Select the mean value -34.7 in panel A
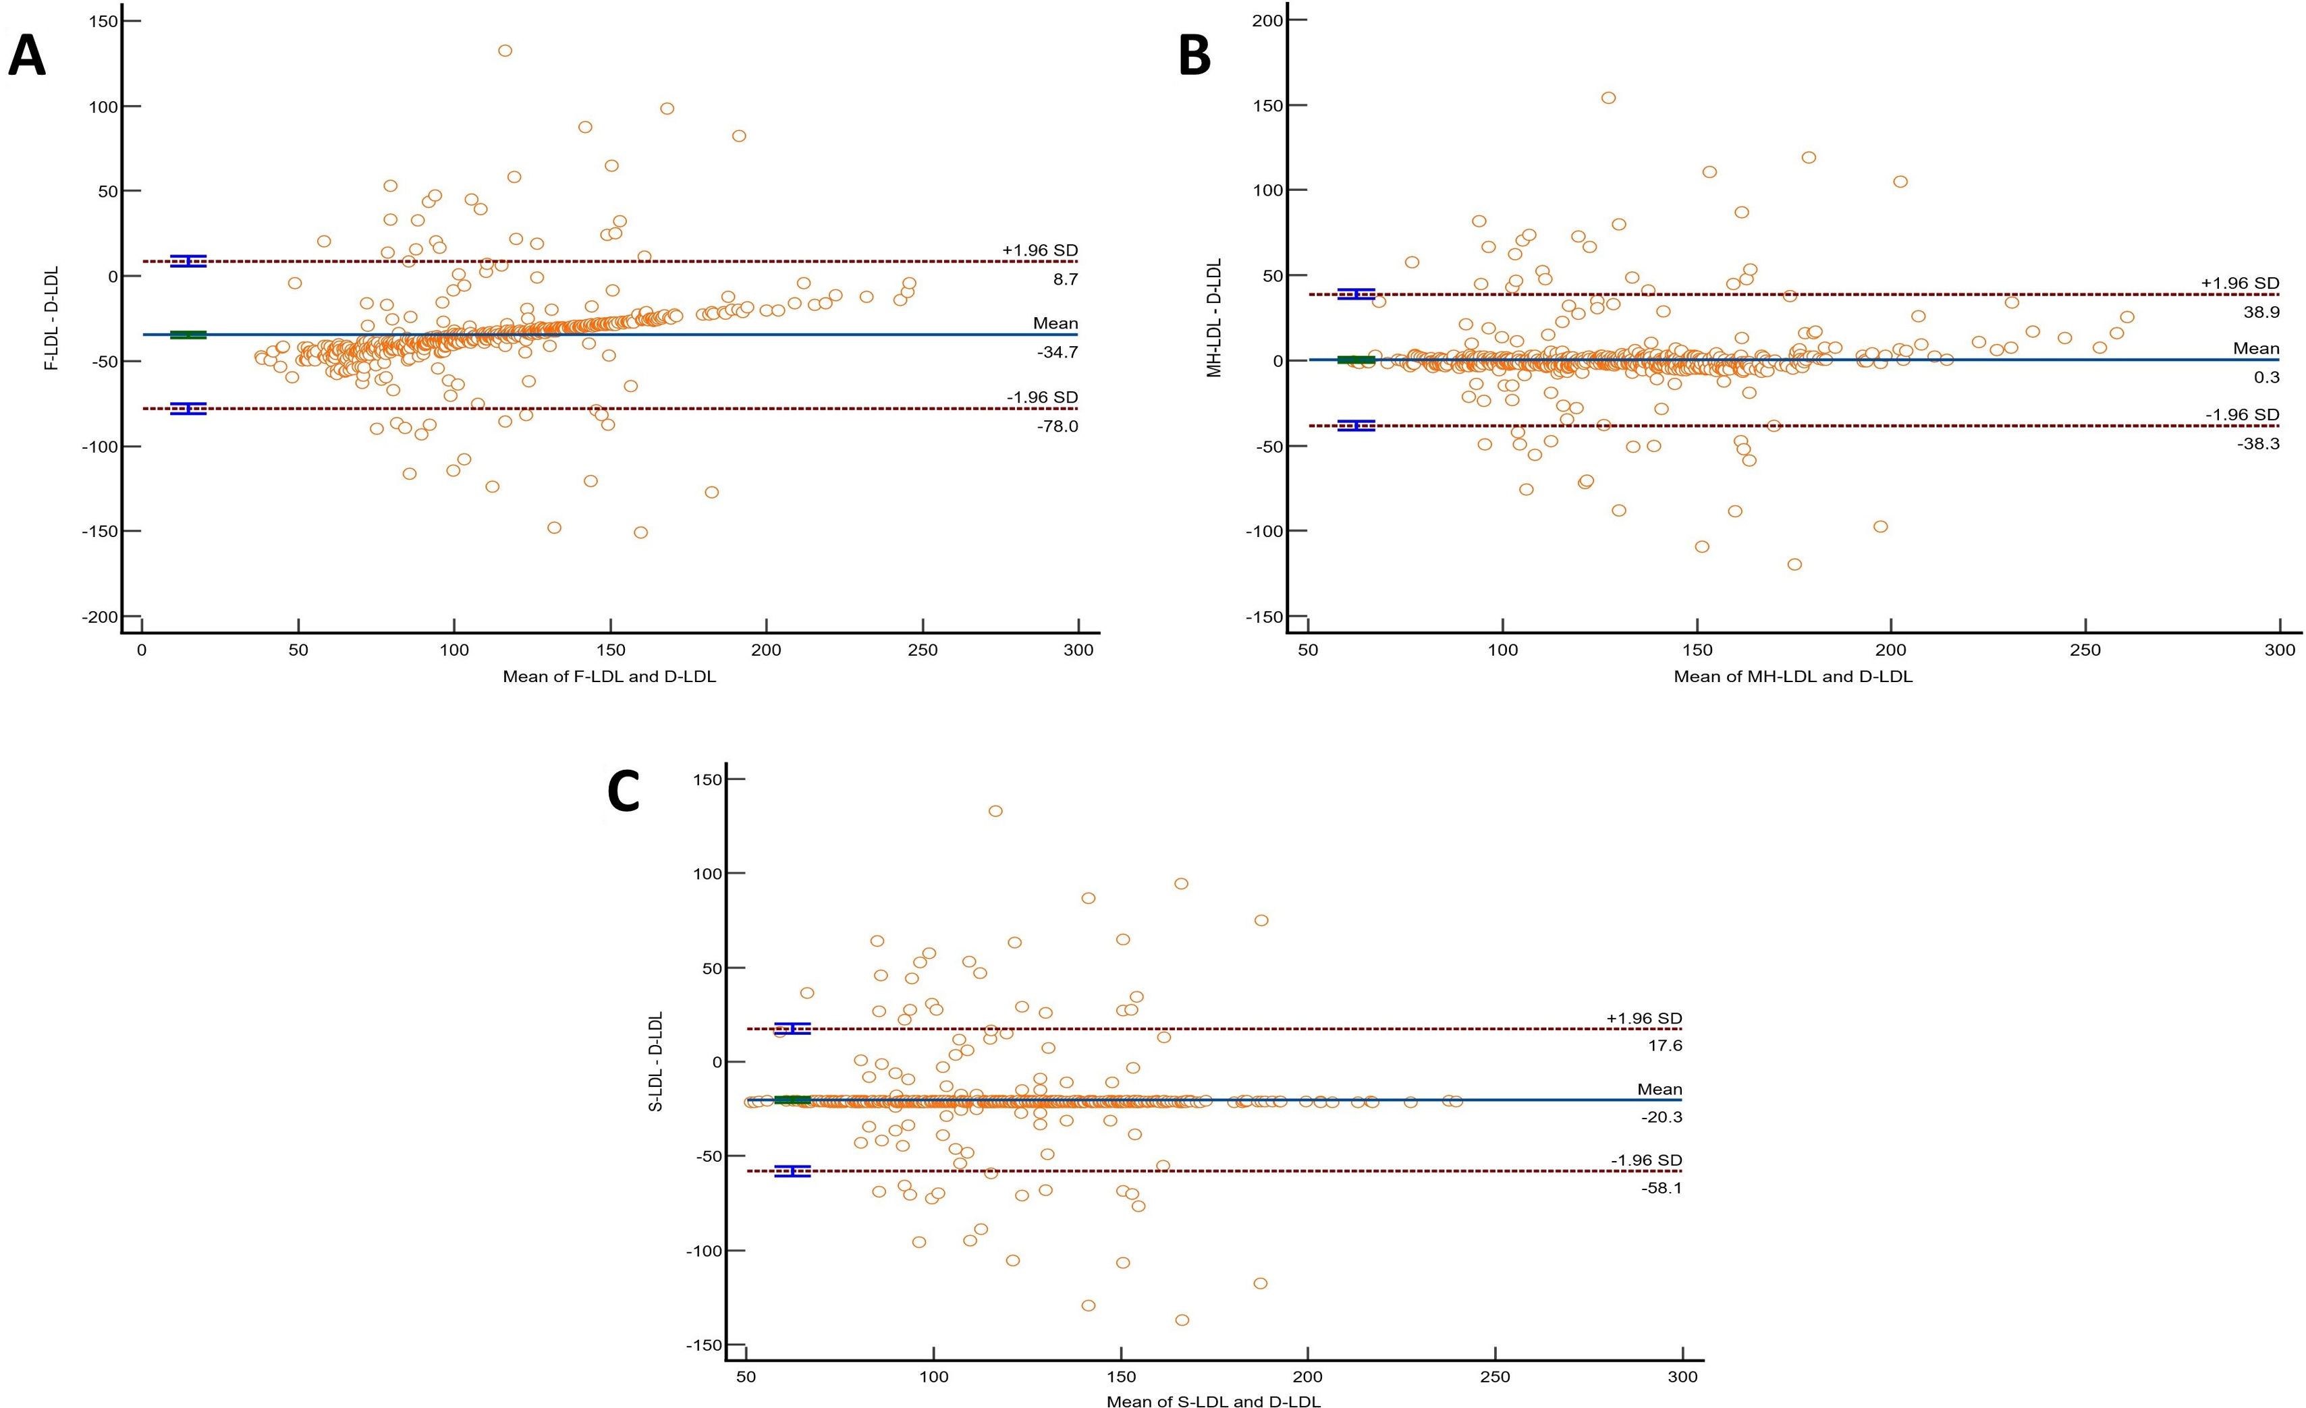(x=1058, y=353)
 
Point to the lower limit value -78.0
(x=1058, y=426)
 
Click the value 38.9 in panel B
(x=2261, y=312)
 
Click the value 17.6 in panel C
(x=1665, y=1046)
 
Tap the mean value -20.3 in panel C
(x=1662, y=1117)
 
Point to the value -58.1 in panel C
(x=1662, y=1188)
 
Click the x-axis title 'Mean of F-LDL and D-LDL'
(x=609, y=677)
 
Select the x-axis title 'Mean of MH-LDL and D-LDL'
(x=1793, y=677)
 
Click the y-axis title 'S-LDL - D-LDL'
(x=656, y=1061)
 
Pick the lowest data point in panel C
(x=1182, y=1320)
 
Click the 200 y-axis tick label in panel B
(x=1267, y=21)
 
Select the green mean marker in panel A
(x=188, y=334)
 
